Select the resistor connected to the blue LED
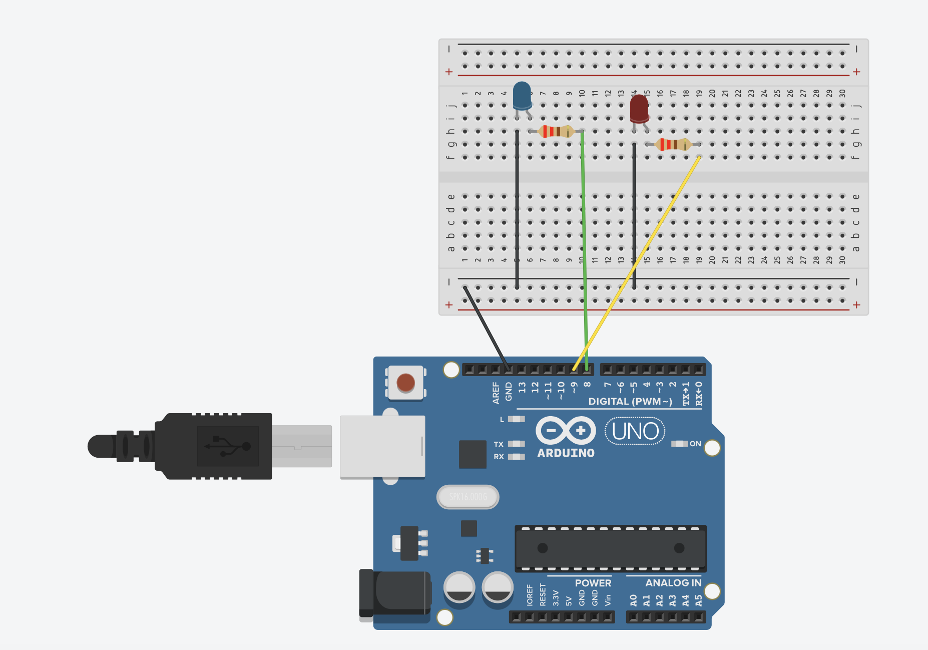pos(556,131)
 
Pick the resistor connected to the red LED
pos(673,144)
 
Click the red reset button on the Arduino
pos(405,383)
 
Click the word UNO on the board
pos(635,431)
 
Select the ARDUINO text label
pos(566,453)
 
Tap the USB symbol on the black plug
pos(228,446)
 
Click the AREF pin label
pos(496,393)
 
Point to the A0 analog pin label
pos(633,600)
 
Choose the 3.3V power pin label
pos(556,598)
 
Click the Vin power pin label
pos(608,599)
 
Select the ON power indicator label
pos(695,444)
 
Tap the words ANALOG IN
pos(673,583)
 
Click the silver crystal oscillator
pos(468,497)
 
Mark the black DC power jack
pos(395,593)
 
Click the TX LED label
pos(499,444)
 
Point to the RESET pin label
pos(543,595)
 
